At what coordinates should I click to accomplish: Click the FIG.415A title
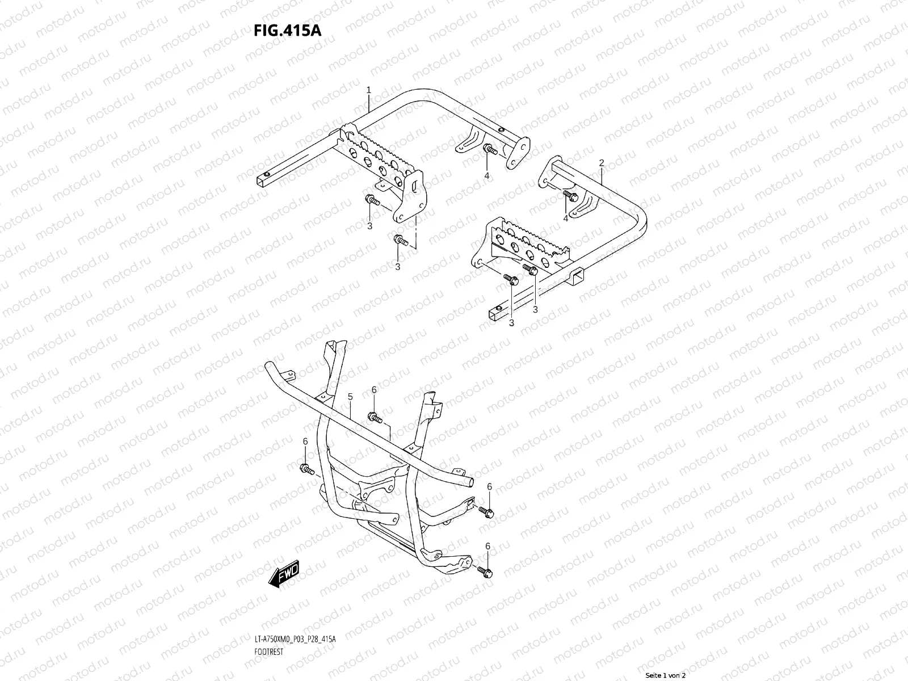[288, 30]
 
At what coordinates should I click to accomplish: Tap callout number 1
[369, 90]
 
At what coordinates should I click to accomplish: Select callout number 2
[602, 163]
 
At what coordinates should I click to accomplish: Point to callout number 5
[350, 397]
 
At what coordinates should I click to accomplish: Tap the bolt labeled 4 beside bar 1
[489, 150]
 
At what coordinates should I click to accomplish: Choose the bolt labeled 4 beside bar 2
[569, 196]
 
